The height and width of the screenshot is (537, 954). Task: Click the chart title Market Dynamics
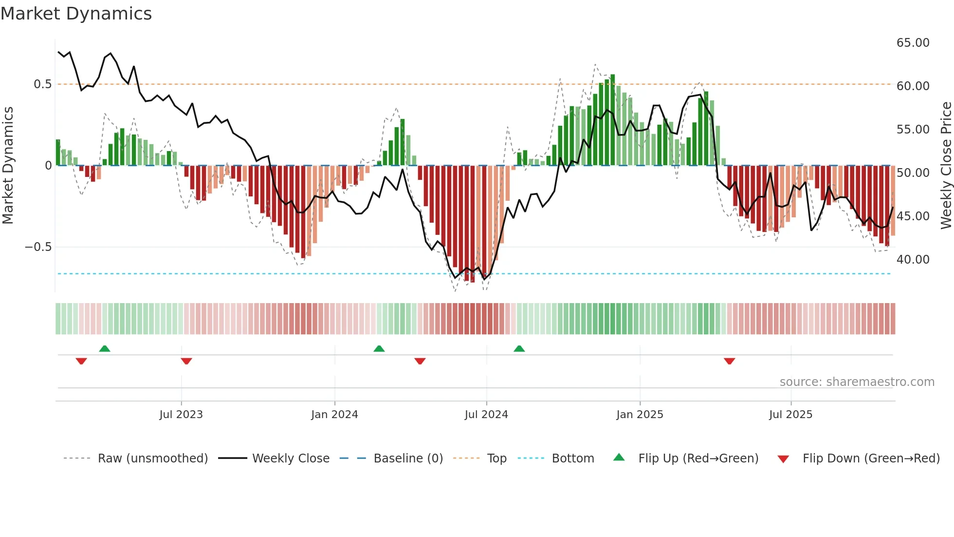(x=76, y=14)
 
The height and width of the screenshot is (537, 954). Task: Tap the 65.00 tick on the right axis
(x=913, y=43)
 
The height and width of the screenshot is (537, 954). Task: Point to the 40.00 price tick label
(x=913, y=260)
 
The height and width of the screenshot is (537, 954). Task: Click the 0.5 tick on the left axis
(x=42, y=84)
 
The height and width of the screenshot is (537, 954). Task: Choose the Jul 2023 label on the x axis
(x=181, y=415)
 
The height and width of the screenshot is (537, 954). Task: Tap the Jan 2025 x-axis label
(x=640, y=415)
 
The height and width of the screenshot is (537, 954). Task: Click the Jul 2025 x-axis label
(x=790, y=415)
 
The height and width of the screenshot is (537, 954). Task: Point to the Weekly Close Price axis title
(x=946, y=166)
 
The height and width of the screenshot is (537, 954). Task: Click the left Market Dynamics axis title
(x=8, y=166)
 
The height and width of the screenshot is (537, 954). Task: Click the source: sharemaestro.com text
(x=857, y=382)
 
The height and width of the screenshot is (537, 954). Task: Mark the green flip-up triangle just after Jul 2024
(x=519, y=348)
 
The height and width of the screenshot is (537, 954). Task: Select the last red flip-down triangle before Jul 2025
(x=729, y=361)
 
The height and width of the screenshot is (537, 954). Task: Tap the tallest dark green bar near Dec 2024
(x=613, y=120)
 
